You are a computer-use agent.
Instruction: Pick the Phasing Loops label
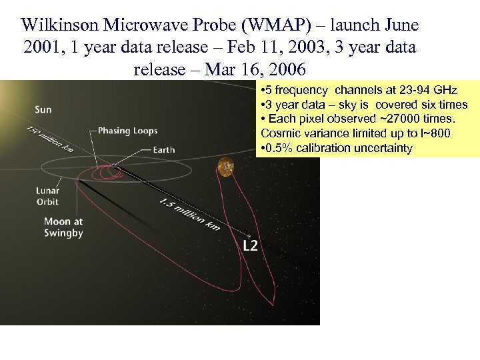[x=127, y=131]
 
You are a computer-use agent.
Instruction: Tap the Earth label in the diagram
[x=164, y=150]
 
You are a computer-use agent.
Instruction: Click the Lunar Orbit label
[x=47, y=196]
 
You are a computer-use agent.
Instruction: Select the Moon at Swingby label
[x=63, y=227]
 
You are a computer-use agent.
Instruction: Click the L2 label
[x=249, y=246]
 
